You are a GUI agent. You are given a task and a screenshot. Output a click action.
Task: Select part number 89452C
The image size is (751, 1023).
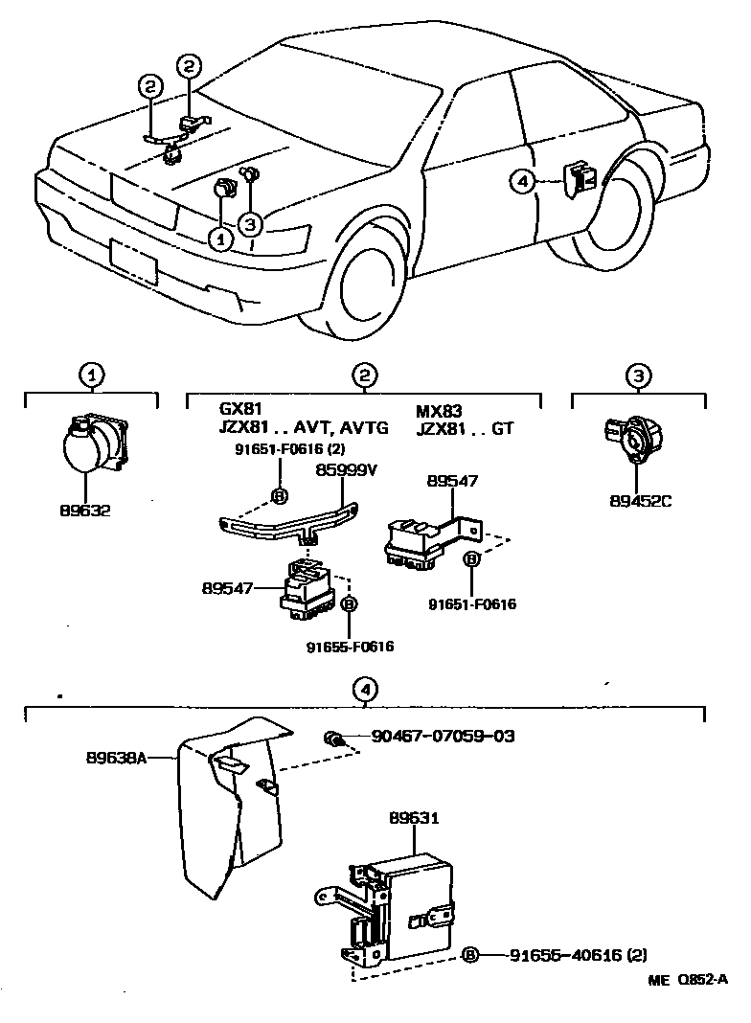[x=640, y=499]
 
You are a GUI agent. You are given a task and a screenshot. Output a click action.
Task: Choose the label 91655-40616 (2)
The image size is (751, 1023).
[x=579, y=955]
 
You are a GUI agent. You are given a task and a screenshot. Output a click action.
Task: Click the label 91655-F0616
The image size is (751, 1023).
[x=350, y=647]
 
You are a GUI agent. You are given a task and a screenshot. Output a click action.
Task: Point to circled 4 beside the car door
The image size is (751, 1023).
[x=521, y=179]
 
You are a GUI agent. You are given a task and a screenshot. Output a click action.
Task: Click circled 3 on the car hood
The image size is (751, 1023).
[x=249, y=224]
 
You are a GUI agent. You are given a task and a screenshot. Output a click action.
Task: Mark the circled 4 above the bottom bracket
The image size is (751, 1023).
[x=364, y=688]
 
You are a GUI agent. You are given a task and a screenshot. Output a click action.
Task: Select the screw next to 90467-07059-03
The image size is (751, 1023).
[x=333, y=739]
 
